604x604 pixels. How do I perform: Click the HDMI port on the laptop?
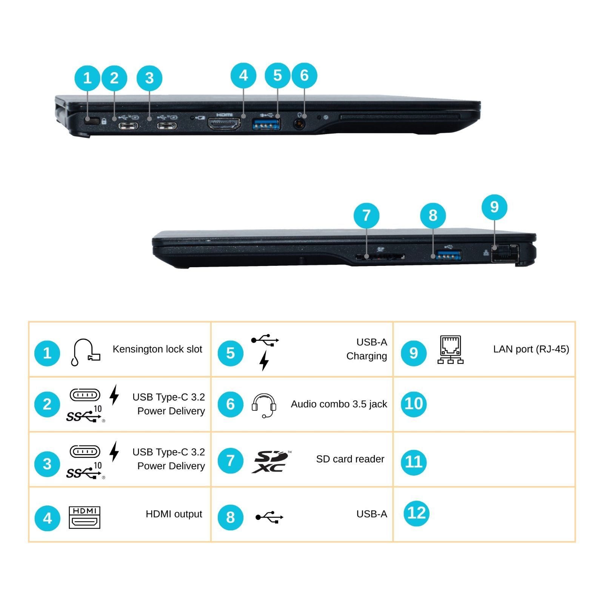point(225,125)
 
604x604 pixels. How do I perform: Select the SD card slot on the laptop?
point(380,257)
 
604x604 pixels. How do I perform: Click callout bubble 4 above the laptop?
point(243,75)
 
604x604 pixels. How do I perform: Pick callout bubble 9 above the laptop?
point(494,207)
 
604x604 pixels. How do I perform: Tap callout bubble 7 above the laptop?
point(366,216)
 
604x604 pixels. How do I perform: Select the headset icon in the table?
point(264,405)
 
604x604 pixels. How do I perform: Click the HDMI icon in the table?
point(85,517)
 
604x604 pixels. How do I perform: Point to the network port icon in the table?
point(450,350)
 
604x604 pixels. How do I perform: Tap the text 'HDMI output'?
point(174,514)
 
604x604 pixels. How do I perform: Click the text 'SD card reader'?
point(350,459)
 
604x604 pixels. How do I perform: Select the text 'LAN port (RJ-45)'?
point(531,349)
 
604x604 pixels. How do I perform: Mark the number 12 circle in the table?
point(416,513)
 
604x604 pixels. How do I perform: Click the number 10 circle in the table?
point(414,404)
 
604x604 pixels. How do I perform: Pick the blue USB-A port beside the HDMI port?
point(266,125)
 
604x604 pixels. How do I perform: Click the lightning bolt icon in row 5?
point(264,361)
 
